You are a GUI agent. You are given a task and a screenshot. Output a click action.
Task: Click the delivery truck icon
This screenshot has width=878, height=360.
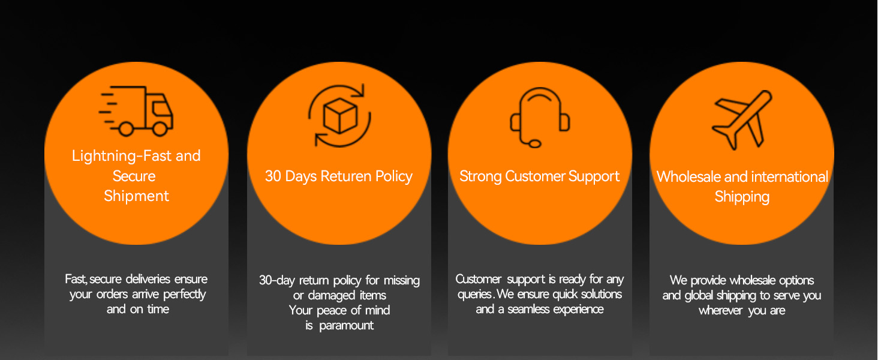(x=136, y=111)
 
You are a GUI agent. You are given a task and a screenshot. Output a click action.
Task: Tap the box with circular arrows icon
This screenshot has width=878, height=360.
(x=339, y=115)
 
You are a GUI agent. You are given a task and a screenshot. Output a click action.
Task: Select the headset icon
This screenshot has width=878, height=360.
(x=540, y=117)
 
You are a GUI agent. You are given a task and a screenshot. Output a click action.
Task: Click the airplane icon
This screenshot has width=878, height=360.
(x=742, y=119)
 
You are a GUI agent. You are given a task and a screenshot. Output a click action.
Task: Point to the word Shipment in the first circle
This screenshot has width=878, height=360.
(x=136, y=196)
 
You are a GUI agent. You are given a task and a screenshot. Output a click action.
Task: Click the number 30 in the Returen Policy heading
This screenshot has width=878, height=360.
(x=273, y=176)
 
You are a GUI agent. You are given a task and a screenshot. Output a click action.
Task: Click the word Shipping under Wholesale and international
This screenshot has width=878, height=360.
(x=742, y=197)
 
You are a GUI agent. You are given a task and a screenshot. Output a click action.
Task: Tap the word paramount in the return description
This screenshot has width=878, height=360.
(x=347, y=325)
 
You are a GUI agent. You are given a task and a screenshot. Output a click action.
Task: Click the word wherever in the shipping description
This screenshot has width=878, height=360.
(x=720, y=311)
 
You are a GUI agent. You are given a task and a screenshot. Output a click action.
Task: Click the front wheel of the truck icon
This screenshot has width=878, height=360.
(x=160, y=128)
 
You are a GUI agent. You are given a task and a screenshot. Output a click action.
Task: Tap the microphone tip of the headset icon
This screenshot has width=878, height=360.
(x=534, y=144)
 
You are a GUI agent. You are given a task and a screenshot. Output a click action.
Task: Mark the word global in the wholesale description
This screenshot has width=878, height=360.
(x=699, y=295)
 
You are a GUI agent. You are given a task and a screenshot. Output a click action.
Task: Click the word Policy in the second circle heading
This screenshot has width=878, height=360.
(x=394, y=176)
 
